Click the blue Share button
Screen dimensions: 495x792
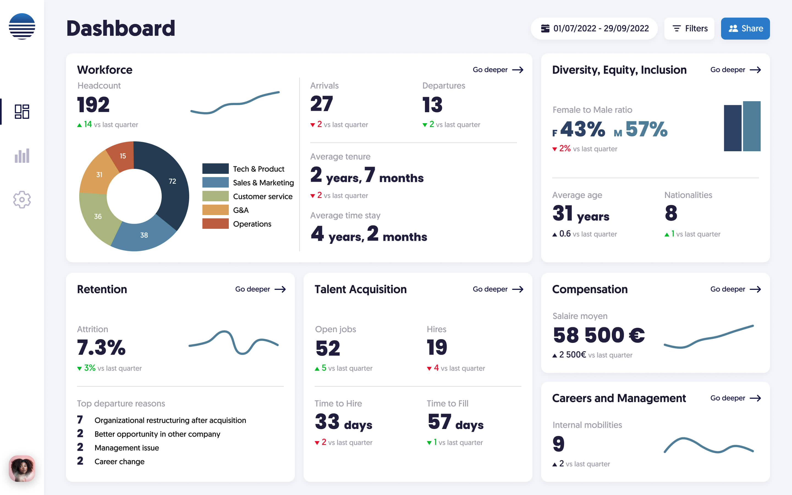tap(745, 29)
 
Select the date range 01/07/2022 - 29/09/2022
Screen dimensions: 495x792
tap(594, 29)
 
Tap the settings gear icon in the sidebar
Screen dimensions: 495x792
tap(22, 199)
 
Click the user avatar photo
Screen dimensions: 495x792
tap(22, 468)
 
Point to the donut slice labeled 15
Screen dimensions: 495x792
tap(122, 156)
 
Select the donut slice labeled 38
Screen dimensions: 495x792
tap(144, 235)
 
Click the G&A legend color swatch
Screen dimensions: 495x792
tap(215, 210)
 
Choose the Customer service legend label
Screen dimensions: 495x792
tap(262, 196)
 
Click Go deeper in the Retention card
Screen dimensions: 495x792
tap(260, 289)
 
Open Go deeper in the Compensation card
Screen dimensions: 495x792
tap(735, 289)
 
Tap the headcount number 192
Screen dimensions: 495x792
tap(93, 105)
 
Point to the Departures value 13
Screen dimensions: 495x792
tap(432, 105)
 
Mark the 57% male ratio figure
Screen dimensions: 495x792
tap(646, 129)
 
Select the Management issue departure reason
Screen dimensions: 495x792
tap(127, 447)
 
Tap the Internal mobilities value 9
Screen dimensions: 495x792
tap(558, 444)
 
